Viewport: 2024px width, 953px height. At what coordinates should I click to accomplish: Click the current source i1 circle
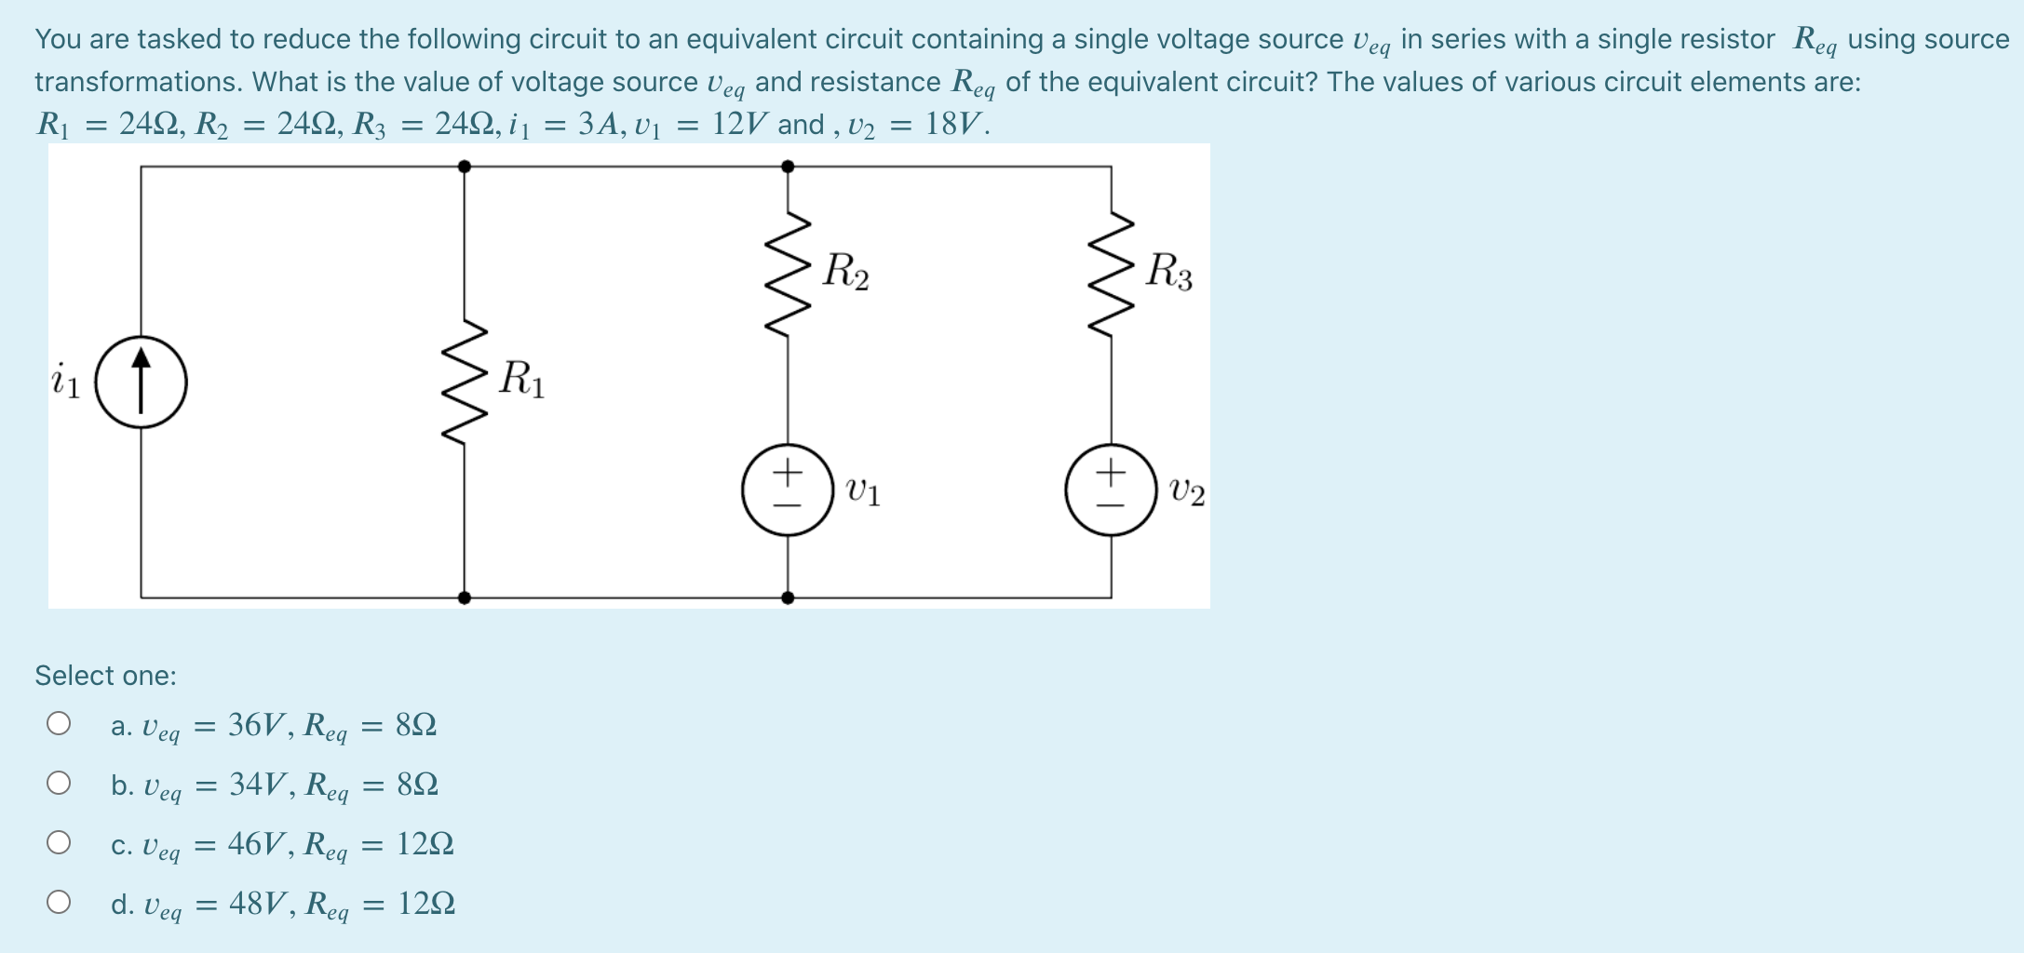coord(142,383)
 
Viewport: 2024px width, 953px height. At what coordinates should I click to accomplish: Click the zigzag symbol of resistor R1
coord(465,383)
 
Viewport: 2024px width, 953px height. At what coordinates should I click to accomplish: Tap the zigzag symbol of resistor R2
coord(788,274)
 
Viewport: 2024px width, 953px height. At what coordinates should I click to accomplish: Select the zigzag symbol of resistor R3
coord(1111,274)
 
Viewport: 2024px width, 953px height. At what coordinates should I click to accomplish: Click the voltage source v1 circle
coord(788,490)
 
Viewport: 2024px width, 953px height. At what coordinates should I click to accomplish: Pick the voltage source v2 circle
coord(1111,490)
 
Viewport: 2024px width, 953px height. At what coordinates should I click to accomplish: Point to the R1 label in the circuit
coord(521,380)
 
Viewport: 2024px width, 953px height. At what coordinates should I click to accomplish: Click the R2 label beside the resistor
coord(845,272)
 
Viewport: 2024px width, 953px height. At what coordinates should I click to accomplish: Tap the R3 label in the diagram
coord(1168,272)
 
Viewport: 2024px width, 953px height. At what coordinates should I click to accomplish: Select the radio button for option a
coord(59,723)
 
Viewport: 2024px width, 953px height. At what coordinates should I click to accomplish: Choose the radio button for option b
coord(59,783)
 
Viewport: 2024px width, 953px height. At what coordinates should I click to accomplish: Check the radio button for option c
coord(59,842)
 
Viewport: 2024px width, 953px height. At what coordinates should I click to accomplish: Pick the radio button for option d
coord(59,902)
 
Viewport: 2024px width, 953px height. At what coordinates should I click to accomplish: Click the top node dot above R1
coord(465,167)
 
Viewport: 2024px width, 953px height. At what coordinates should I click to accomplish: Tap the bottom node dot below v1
coord(788,597)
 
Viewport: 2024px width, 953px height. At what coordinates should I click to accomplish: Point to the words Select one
coord(105,676)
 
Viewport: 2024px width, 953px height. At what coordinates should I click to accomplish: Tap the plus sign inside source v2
coord(1111,473)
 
